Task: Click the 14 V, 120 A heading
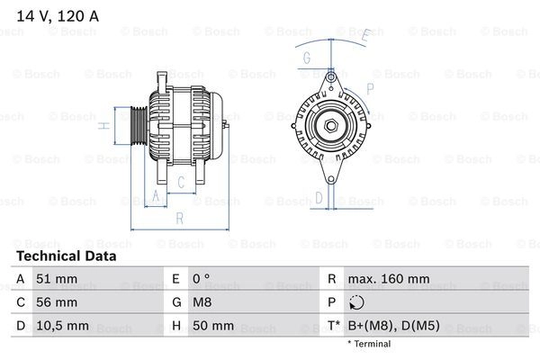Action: (58, 16)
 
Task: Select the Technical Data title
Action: (67, 256)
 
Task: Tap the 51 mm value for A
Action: (57, 279)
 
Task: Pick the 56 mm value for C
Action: (57, 302)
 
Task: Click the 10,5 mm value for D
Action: (62, 326)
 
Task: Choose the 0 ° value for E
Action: (201, 279)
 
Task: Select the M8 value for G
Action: (202, 302)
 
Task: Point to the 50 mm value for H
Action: (213, 326)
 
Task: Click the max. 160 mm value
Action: (389, 279)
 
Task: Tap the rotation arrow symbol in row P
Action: (356, 302)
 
